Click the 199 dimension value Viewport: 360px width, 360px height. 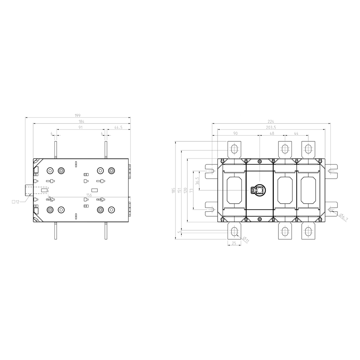tap(78, 115)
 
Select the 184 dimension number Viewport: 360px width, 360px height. tap(82, 121)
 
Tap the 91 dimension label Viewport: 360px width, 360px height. tap(81, 127)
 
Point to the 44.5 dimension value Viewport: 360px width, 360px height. tap(118, 127)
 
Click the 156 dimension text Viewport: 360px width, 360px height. tap(89, 195)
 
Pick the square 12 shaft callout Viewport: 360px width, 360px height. tap(15, 202)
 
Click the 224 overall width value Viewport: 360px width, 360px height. tap(271, 121)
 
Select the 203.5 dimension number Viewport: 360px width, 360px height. tap(271, 127)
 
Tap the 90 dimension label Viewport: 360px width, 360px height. tap(235, 133)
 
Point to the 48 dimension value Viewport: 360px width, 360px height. tap(272, 133)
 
